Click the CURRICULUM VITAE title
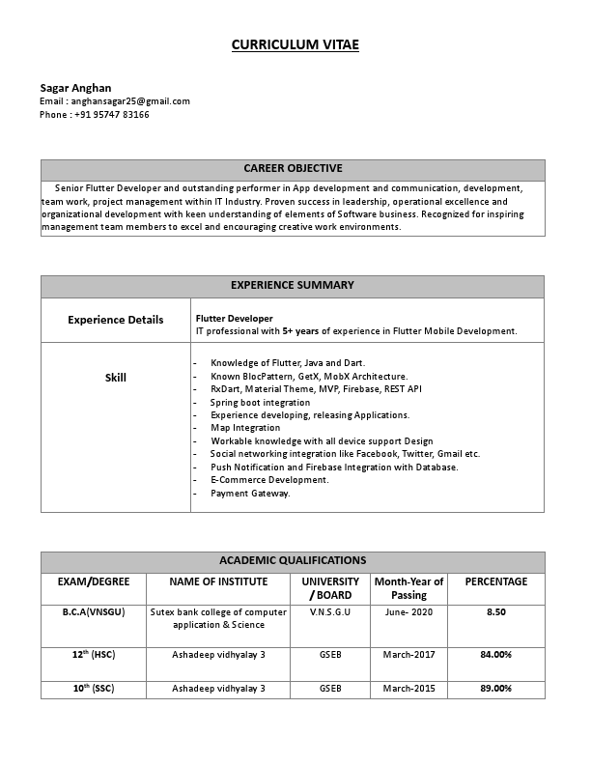point(295,44)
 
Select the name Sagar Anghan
point(75,88)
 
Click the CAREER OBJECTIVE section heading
point(293,169)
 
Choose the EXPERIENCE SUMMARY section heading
point(293,286)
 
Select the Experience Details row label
point(115,320)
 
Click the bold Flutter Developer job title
point(234,318)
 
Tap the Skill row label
point(115,378)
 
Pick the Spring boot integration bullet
point(260,402)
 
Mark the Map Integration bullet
point(245,428)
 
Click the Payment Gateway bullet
point(250,494)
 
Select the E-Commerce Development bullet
point(269,480)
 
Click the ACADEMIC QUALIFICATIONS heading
point(293,560)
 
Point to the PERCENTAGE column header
point(496,582)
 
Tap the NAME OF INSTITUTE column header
point(218,582)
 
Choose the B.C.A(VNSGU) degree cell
point(94,612)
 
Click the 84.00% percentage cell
point(496,655)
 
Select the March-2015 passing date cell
point(408,689)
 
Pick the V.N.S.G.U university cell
point(330,612)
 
